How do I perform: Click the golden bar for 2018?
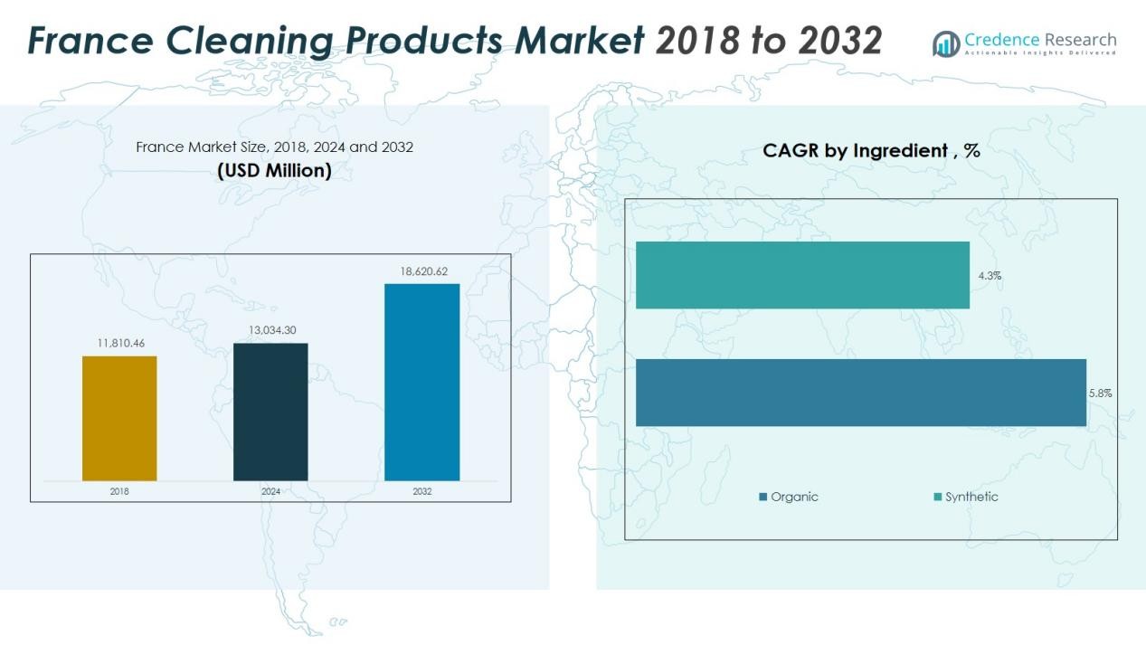coord(119,418)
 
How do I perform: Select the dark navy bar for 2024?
coord(270,412)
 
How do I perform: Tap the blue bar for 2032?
coord(421,382)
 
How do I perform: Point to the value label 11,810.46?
coord(120,344)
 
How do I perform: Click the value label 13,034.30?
coord(271,330)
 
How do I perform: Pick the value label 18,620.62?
coord(422,271)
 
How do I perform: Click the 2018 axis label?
coord(119,491)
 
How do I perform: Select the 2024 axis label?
coord(270,491)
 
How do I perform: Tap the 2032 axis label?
coord(421,491)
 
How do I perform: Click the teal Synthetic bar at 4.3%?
coord(802,275)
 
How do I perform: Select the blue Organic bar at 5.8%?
coord(860,393)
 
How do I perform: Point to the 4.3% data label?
coord(990,276)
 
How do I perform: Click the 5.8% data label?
coord(1100,394)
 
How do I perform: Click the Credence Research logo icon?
coord(946,43)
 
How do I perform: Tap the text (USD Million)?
coord(274,170)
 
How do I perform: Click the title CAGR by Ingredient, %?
coord(871,151)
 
